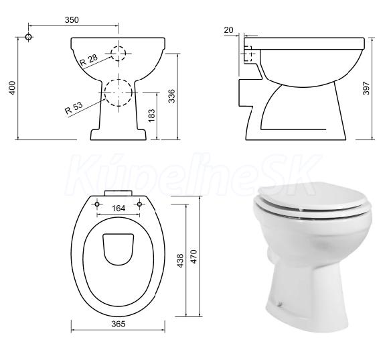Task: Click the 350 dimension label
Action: pos(72,19)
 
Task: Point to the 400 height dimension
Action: pos(12,88)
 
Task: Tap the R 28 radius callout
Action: pos(89,60)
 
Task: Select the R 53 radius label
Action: pos(74,108)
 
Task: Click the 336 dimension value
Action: pos(171,96)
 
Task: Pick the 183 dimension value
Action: pos(151,115)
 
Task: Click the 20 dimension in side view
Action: pos(228,30)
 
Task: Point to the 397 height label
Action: pos(366,88)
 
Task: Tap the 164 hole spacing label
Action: pos(119,208)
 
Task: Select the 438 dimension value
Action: pos(180,261)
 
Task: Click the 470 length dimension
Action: pos(194,257)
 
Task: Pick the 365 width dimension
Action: pos(119,324)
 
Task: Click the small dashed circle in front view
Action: pos(119,54)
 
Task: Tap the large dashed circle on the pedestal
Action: pos(119,93)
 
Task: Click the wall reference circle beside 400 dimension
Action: pos(29,37)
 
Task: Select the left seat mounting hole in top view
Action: pos(97,204)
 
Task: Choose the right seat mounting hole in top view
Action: pos(139,204)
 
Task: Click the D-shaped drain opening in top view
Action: pos(119,249)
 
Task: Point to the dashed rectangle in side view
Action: pos(248,54)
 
